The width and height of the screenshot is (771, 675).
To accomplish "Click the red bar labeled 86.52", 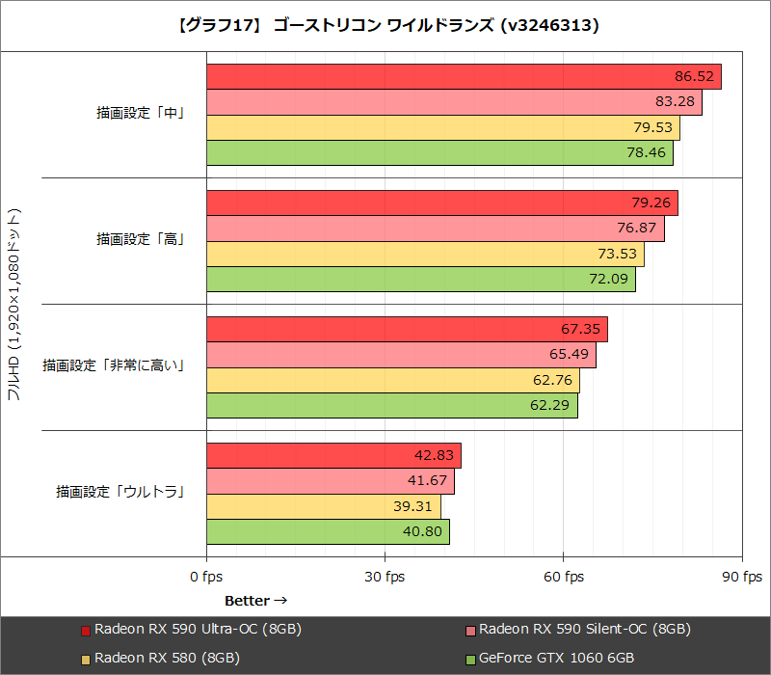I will [x=463, y=77].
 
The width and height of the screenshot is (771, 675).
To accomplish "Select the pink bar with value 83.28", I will [x=453, y=102].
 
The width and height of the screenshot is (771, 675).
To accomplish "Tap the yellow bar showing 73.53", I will [x=424, y=254].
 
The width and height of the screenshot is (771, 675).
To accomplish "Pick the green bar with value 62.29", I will [x=391, y=406].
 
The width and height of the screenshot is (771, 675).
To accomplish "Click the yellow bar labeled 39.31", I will [x=323, y=506].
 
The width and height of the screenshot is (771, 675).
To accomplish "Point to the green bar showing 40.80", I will [x=328, y=531].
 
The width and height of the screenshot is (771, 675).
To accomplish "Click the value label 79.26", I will [x=652, y=203].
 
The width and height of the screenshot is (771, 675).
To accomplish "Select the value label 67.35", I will [x=581, y=330].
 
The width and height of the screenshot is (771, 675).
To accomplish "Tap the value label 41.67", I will [x=428, y=481].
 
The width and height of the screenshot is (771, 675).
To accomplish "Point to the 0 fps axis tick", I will [x=206, y=577].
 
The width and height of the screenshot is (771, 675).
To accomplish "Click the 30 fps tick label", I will [x=385, y=577].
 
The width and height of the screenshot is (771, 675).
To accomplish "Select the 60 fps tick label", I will [x=563, y=577].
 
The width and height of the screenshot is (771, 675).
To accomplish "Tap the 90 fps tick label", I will [x=741, y=577].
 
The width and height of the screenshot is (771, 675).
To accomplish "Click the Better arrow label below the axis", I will [x=255, y=600].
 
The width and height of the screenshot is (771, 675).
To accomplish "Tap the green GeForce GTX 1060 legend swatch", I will [x=470, y=659].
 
